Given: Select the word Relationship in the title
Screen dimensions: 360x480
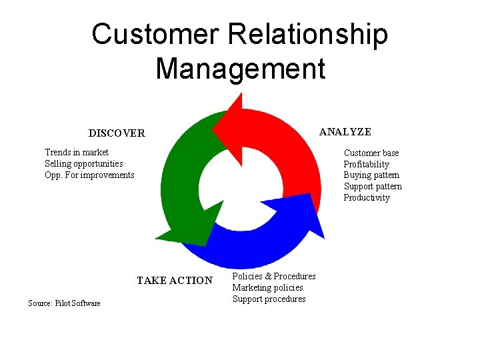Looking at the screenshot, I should point(308,35).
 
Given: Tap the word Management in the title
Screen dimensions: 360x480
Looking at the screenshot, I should point(240,69).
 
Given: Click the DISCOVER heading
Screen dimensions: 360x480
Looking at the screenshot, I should point(117,133).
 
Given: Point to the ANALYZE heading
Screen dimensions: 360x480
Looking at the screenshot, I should point(345,132).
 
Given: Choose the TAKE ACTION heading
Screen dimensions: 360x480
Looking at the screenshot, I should point(174,281).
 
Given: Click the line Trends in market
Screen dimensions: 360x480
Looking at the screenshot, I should point(77,153).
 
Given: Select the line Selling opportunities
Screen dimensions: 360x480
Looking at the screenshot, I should point(84,164).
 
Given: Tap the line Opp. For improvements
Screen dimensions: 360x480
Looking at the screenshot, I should point(89,175).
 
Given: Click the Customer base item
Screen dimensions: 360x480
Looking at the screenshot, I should point(371,153).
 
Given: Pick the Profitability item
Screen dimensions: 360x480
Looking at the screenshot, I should point(366,165).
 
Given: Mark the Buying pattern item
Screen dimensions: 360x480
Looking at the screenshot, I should point(371,175).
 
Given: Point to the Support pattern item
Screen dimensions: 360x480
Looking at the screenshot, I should point(373,187).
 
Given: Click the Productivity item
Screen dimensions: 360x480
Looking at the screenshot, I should point(366,198).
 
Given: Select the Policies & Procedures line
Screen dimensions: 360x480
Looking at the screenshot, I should point(274,277).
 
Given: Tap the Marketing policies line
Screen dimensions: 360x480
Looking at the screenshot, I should point(267,288).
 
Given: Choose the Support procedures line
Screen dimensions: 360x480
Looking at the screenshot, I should point(269,299).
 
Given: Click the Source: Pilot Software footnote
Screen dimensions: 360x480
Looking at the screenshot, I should point(64,303).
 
